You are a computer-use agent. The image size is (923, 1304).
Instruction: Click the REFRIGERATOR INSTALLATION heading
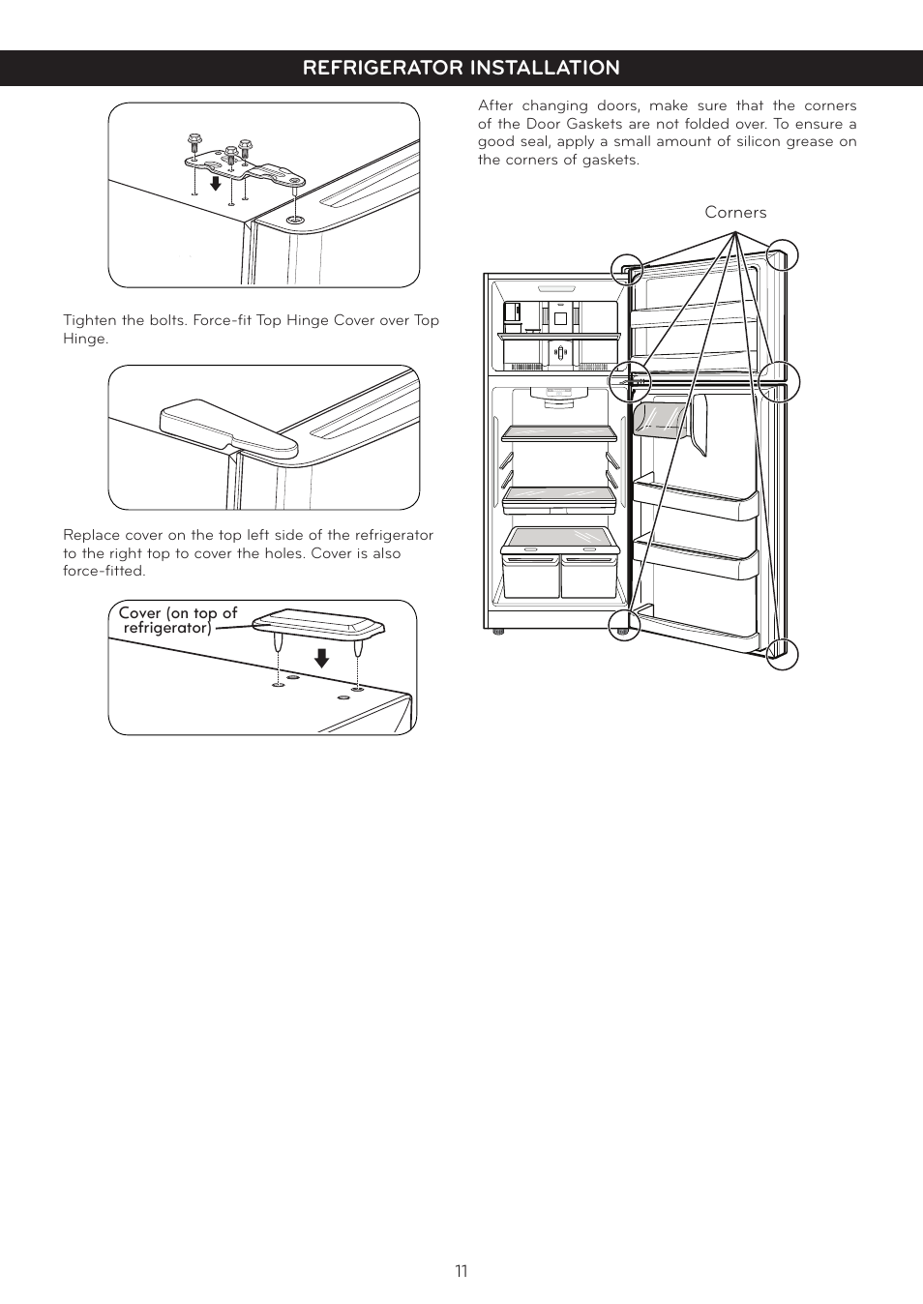tap(461, 68)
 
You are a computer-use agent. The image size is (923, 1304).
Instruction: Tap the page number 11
tap(461, 1271)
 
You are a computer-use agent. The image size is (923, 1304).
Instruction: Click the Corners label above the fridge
tap(735, 213)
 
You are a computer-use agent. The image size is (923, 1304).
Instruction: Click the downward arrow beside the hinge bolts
tap(216, 181)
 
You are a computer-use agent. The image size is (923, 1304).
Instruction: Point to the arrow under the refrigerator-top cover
tap(321, 658)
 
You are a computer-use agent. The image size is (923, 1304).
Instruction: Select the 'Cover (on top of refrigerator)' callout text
tap(177, 620)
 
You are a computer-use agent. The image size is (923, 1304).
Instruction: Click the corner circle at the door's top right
tap(782, 255)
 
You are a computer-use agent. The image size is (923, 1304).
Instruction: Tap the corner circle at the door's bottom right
tap(782, 654)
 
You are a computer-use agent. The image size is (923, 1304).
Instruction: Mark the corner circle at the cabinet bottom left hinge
tap(625, 625)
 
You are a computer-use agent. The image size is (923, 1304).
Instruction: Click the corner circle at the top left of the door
tap(627, 269)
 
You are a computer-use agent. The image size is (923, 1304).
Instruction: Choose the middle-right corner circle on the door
tap(779, 382)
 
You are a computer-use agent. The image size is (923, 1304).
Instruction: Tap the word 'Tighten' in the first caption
tap(89, 320)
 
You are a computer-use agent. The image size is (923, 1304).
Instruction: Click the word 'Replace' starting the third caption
tap(91, 535)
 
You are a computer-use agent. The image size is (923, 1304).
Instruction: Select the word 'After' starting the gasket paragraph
tap(495, 105)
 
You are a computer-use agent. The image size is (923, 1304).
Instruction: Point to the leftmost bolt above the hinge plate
tap(194, 142)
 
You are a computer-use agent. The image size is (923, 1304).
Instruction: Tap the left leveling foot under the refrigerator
tap(498, 632)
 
